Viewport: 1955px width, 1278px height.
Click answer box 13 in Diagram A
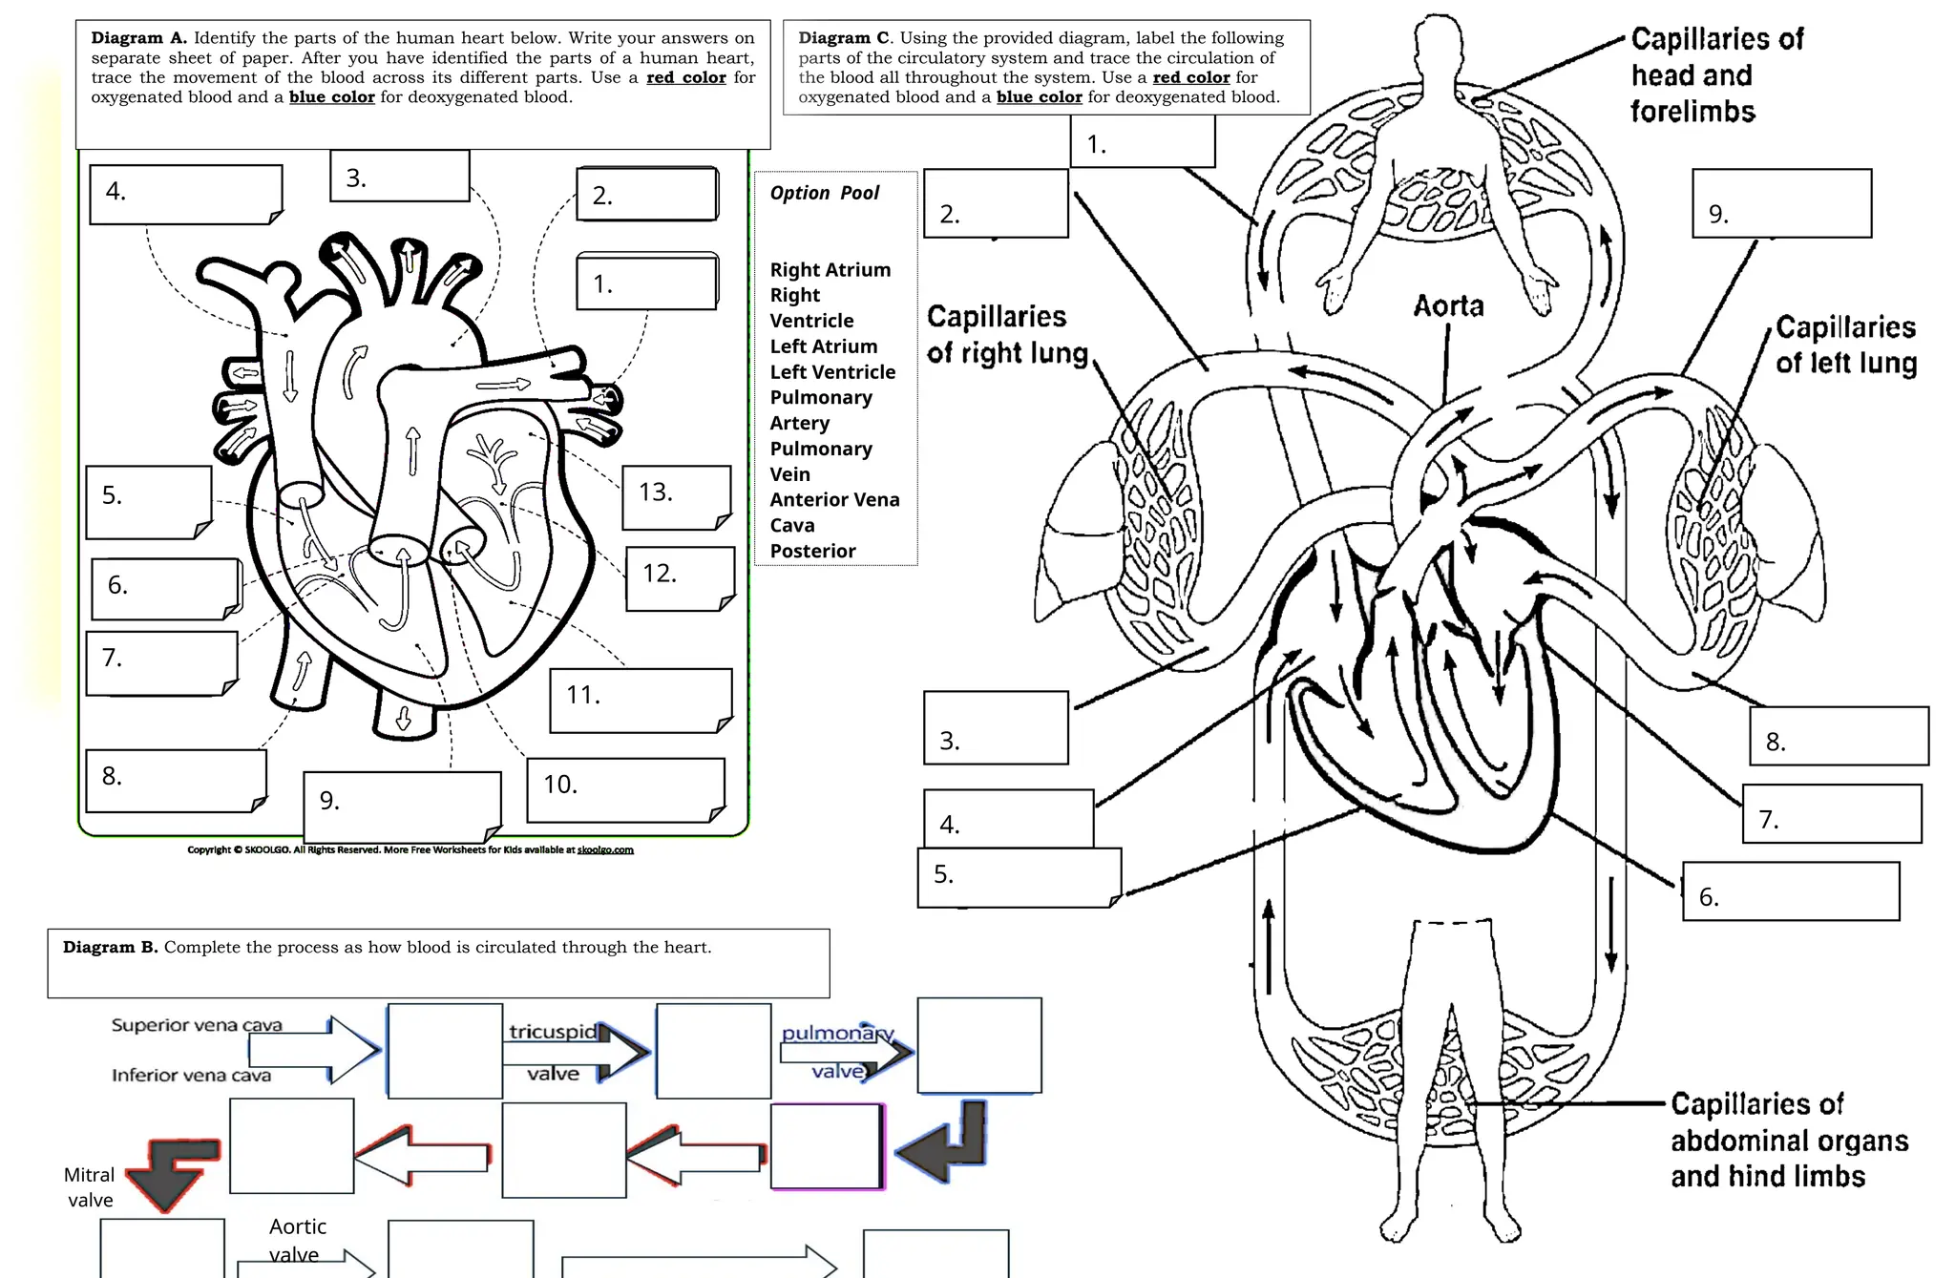pos(676,496)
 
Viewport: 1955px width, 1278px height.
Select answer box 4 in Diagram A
pos(185,194)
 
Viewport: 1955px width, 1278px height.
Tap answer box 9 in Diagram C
pos(1781,203)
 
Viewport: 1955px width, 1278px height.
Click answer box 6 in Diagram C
pos(1790,891)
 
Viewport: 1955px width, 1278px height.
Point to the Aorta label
pos(1448,306)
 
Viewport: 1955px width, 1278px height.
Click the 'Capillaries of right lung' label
pos(1007,335)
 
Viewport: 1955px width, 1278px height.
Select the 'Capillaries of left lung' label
pos(1845,345)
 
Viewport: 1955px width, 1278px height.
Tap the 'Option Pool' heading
pos(825,193)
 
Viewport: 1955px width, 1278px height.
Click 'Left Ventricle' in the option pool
pos(832,372)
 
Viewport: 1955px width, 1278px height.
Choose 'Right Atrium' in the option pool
pos(830,270)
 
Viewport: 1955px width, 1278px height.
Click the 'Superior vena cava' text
pos(197,1025)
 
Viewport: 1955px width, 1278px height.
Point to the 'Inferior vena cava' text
pos(191,1076)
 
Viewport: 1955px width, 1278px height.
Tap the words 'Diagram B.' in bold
pos(110,948)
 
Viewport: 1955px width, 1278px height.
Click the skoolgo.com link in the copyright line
pos(605,849)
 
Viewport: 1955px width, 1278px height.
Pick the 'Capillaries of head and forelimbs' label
pos(1716,75)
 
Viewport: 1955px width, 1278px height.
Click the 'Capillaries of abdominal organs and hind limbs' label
pos(1788,1141)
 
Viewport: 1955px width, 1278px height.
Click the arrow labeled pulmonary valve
pos(845,1053)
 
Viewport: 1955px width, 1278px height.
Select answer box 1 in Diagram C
pos(1143,142)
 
